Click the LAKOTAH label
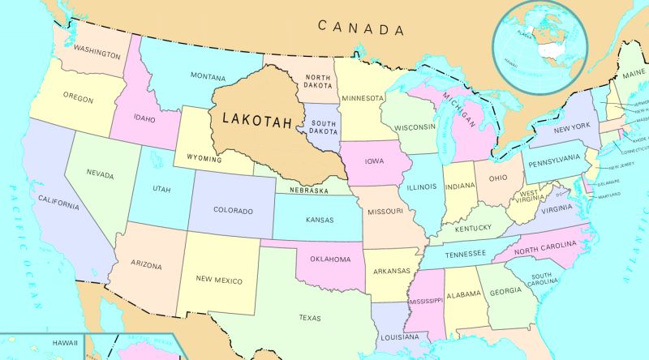click(254, 118)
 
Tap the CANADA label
click(361, 28)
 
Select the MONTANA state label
click(208, 75)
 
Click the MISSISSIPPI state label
click(427, 301)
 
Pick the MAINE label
click(634, 75)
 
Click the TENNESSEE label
click(465, 254)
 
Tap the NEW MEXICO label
click(219, 280)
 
